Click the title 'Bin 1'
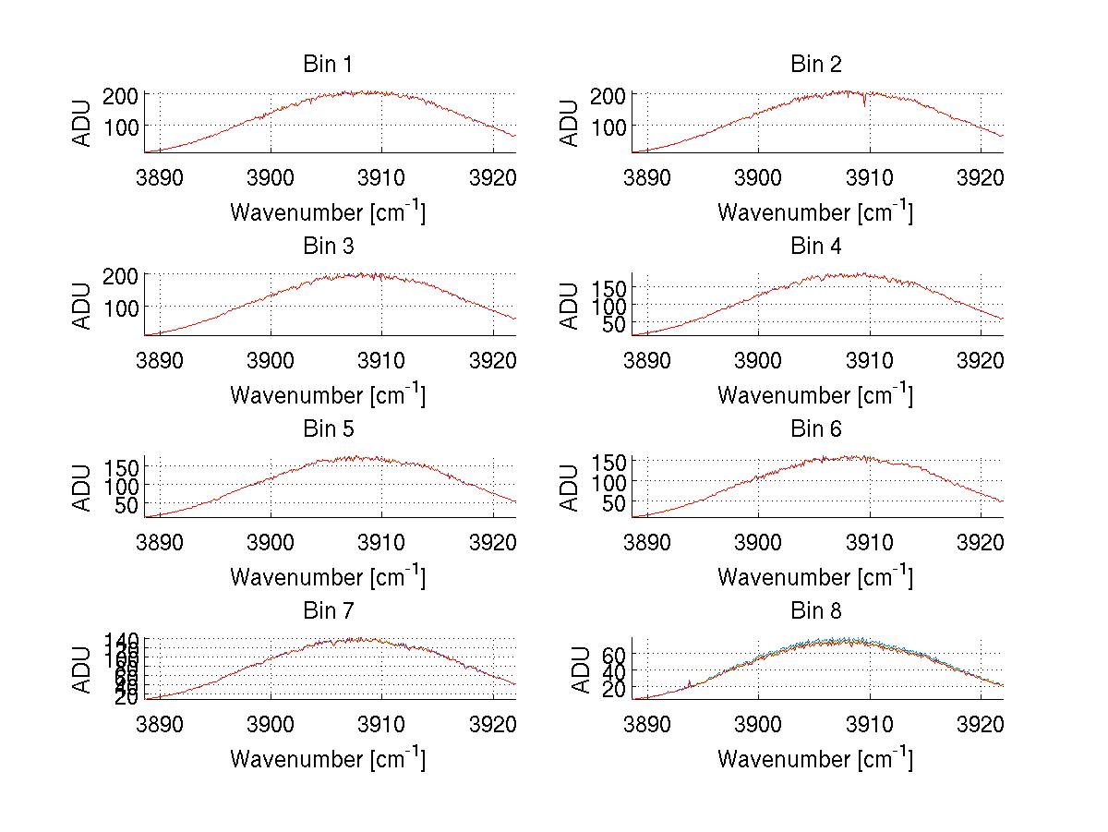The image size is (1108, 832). (x=327, y=65)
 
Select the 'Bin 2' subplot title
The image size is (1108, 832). (x=815, y=65)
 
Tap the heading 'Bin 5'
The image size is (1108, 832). (x=327, y=429)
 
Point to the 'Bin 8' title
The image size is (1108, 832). (x=815, y=611)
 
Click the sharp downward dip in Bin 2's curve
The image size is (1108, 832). (x=865, y=104)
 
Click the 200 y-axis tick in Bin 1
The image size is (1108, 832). (x=126, y=94)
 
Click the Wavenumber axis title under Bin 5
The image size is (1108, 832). (x=327, y=577)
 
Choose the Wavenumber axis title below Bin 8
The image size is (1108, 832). (x=815, y=759)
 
